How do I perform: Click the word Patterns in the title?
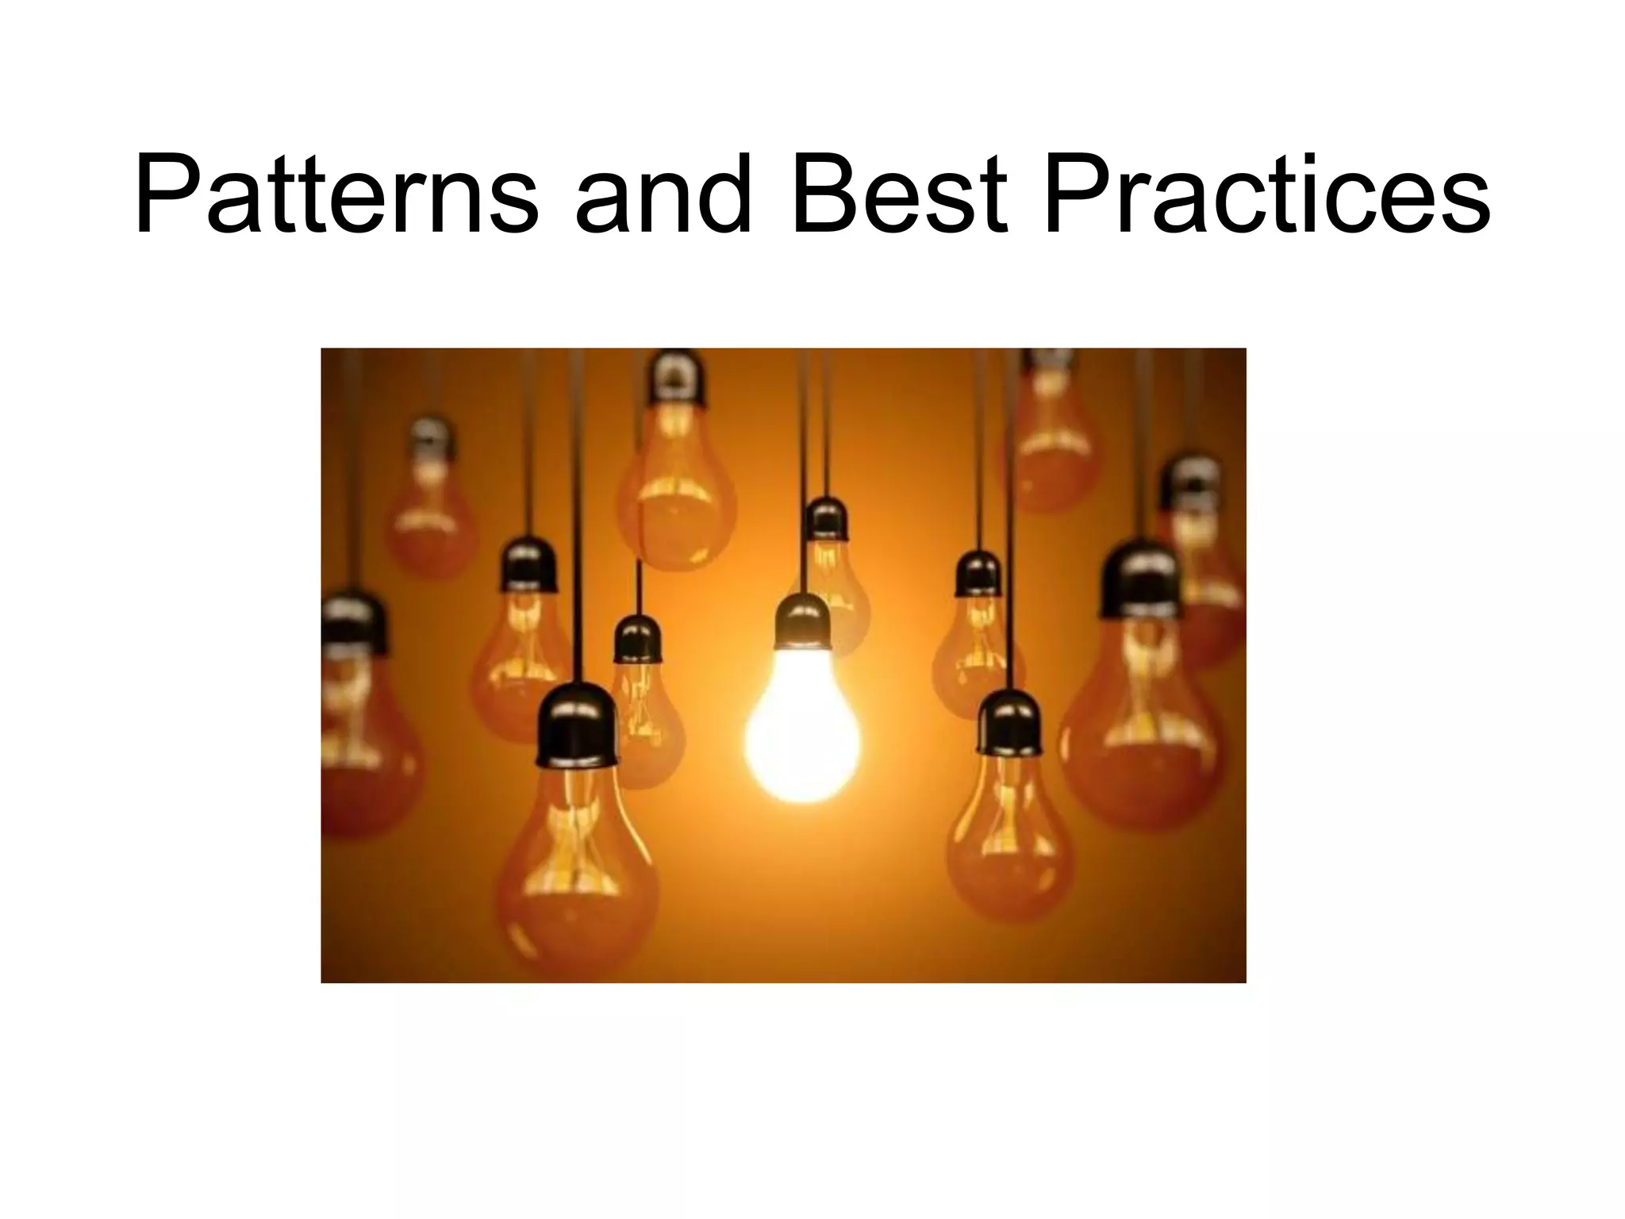click(x=336, y=194)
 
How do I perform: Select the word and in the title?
click(x=663, y=194)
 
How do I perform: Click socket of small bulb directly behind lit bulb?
click(x=826, y=519)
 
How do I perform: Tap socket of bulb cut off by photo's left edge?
click(x=353, y=623)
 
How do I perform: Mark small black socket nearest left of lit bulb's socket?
click(x=637, y=639)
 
